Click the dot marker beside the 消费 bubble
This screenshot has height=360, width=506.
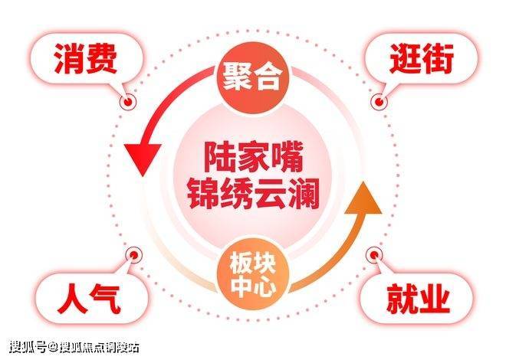point(127,101)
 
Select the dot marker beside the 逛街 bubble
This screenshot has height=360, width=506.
point(376,101)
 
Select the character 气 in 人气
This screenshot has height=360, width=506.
point(107,299)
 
